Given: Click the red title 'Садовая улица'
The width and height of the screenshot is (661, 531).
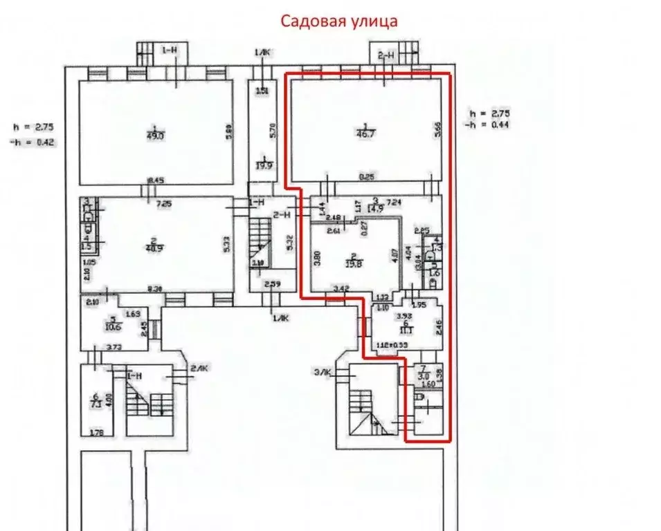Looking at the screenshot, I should click(338, 21).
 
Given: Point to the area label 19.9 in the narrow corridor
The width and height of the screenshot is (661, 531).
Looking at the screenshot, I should click(263, 165).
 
